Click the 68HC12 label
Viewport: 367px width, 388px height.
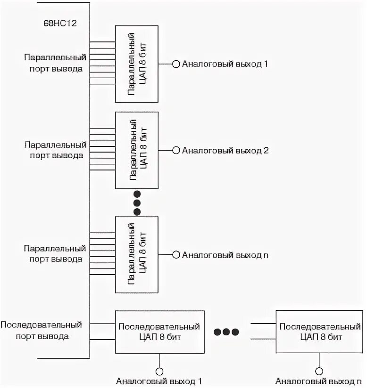point(60,23)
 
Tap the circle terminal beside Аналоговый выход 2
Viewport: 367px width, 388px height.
point(176,150)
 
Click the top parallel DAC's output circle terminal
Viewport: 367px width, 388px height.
point(176,64)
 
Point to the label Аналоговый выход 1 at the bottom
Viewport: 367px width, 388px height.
point(159,381)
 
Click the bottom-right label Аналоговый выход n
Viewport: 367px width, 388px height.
point(318,381)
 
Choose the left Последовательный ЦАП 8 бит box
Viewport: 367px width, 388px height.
point(160,332)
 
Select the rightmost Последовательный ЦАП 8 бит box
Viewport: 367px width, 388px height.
point(319,331)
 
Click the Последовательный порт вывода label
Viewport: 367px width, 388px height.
point(42,331)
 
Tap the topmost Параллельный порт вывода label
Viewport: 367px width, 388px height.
point(55,63)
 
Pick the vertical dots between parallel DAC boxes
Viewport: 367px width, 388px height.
point(137,202)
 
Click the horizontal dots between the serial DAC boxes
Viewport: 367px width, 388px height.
point(226,331)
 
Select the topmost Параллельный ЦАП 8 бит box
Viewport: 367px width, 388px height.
point(137,64)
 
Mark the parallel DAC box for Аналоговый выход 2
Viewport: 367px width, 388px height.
point(137,150)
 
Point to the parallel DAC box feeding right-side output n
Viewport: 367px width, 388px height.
point(137,255)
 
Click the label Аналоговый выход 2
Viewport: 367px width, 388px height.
point(225,151)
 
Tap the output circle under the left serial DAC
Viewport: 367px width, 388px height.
point(159,372)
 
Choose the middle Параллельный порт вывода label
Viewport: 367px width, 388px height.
point(56,150)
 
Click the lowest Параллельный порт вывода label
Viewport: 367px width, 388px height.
point(55,254)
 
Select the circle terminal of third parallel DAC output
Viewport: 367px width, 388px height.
point(176,255)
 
